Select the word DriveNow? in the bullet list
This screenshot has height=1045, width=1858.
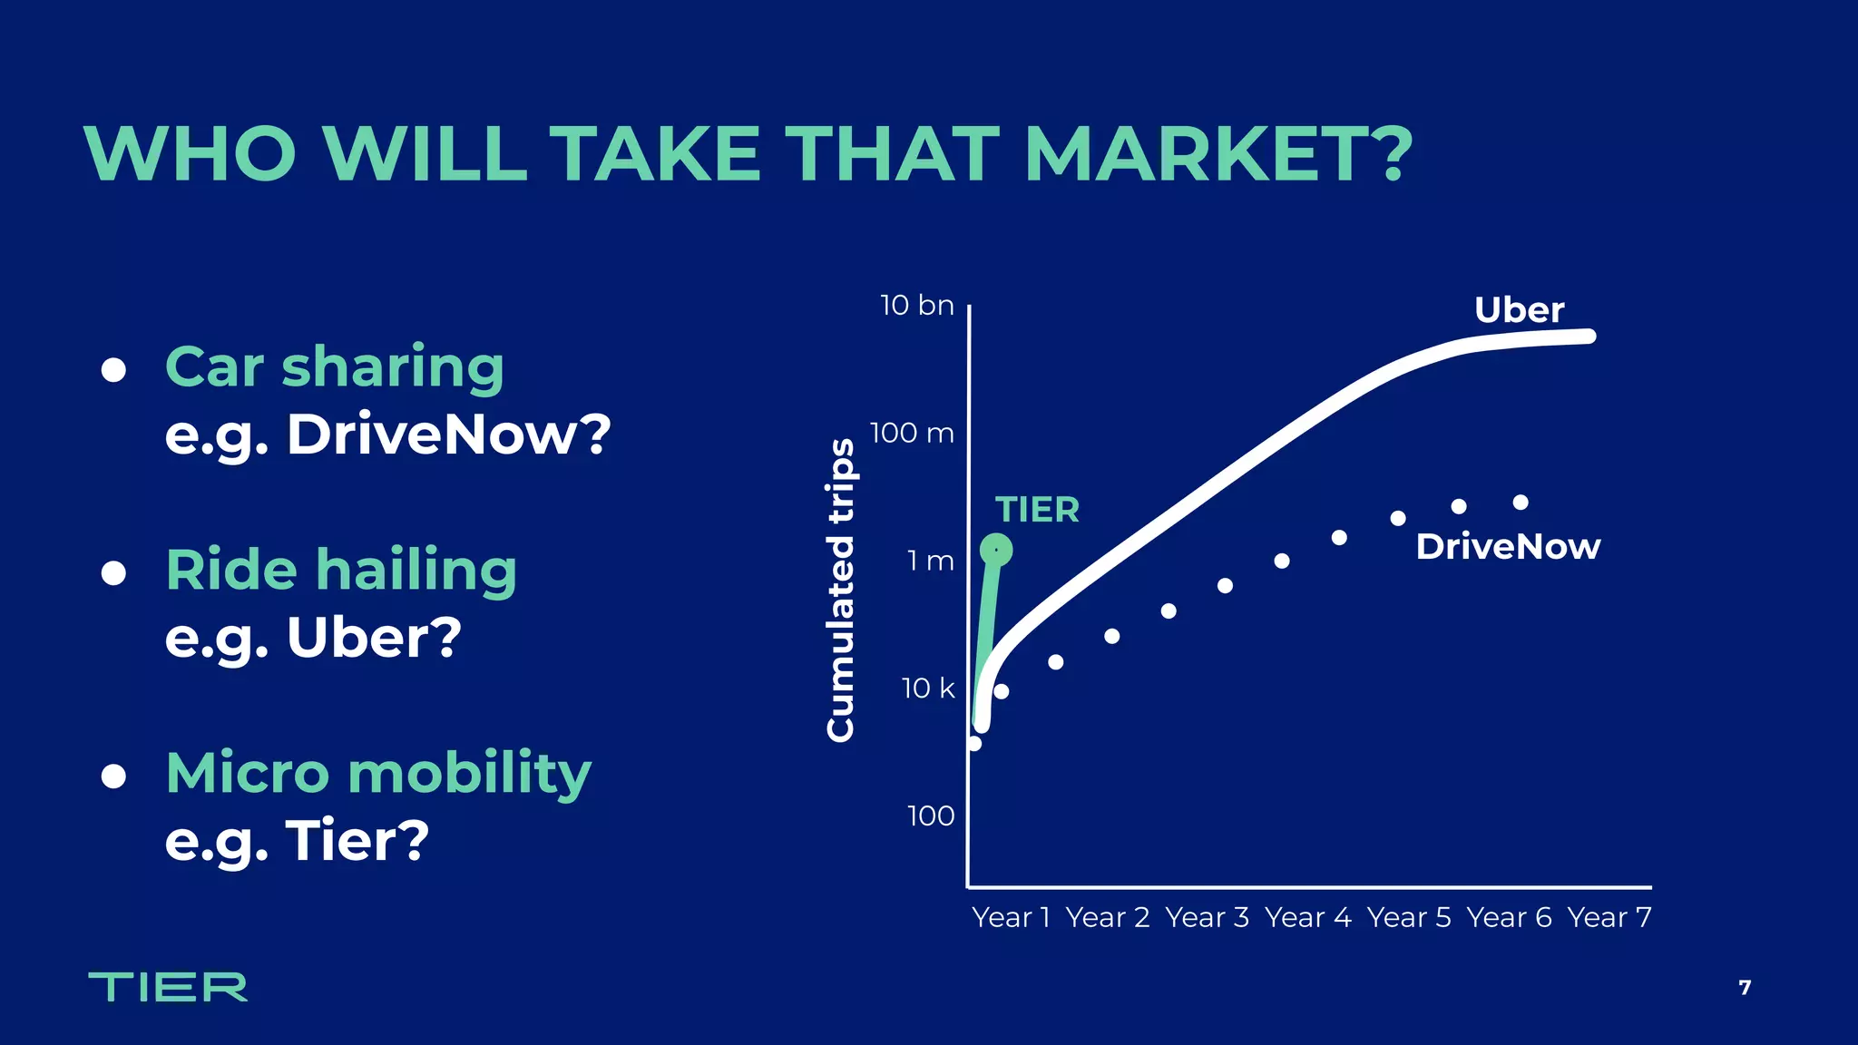[x=449, y=435]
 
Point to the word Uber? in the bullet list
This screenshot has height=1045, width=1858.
[x=374, y=638]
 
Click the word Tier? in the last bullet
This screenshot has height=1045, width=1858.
[x=357, y=841]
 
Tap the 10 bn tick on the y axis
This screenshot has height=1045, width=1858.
[x=917, y=306]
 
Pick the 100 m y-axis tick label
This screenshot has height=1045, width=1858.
[x=912, y=434]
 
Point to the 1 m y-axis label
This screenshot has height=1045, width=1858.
[x=931, y=562]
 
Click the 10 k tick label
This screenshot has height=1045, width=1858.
[x=928, y=689]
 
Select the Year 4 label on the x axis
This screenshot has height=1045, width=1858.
[x=1307, y=918]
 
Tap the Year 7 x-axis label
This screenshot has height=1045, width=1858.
[x=1609, y=918]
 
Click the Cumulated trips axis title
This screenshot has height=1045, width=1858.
[x=841, y=590]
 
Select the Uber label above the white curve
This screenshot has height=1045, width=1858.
[x=1519, y=310]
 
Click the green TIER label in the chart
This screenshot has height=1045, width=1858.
[x=1037, y=510]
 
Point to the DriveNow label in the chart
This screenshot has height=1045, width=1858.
[x=1508, y=547]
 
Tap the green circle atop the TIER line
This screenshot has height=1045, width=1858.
[x=996, y=550]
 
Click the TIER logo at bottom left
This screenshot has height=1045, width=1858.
[x=168, y=987]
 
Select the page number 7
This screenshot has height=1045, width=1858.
[x=1745, y=988]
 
